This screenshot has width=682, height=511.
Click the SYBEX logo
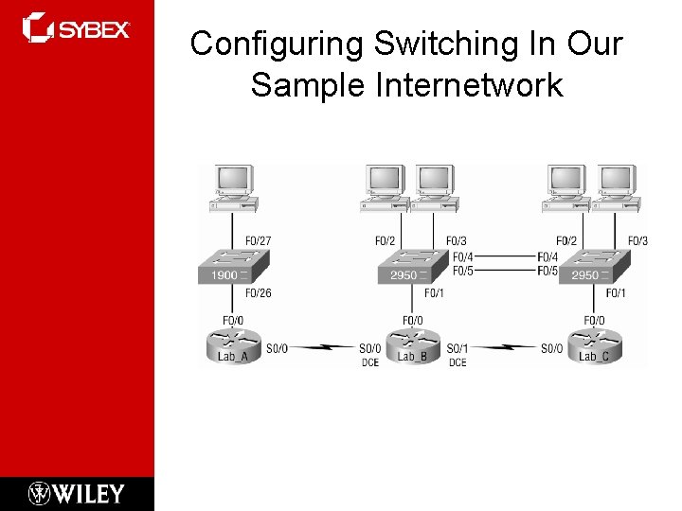click(x=76, y=28)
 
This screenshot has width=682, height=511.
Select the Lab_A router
click(x=233, y=346)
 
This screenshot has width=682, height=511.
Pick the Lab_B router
click(x=412, y=346)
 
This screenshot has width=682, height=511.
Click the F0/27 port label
click(x=259, y=241)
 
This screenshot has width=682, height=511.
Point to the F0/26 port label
click(x=259, y=293)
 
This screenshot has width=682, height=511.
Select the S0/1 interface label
click(x=458, y=349)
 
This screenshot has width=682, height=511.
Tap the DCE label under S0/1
click(x=458, y=362)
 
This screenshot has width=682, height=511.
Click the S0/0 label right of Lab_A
click(x=277, y=349)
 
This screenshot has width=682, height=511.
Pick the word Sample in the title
click(x=308, y=85)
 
